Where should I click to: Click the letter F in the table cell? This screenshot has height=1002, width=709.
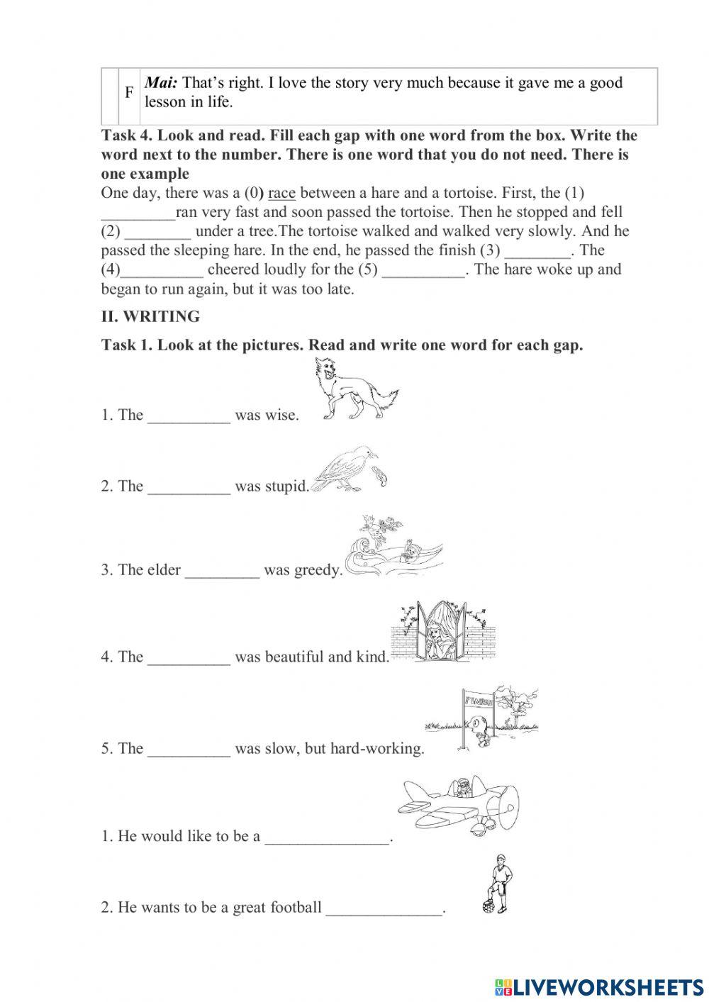pyautogui.click(x=129, y=92)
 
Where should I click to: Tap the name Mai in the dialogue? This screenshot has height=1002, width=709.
pyautogui.click(x=161, y=83)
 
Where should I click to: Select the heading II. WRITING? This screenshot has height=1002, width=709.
pyautogui.click(x=150, y=316)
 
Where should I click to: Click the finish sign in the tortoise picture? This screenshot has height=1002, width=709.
pyautogui.click(x=478, y=701)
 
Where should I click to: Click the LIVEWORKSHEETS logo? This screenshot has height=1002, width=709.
pyautogui.click(x=598, y=986)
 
